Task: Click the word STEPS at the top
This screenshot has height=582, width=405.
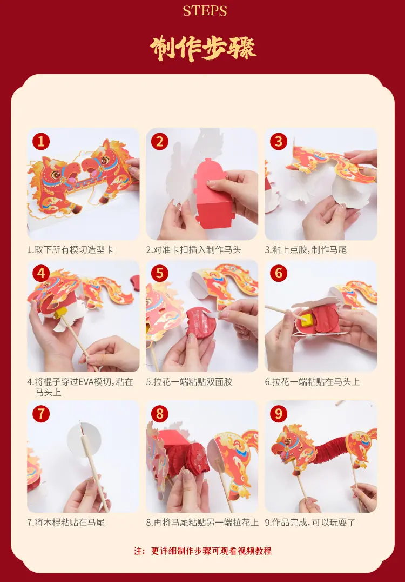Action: coord(205,11)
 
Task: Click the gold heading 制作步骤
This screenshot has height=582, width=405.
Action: coord(203,48)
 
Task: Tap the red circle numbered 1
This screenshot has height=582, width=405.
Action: coord(41,141)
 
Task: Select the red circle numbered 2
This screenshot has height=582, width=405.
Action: coord(160,141)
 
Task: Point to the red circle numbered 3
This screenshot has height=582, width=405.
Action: coord(279,141)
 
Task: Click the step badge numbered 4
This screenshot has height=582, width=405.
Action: coord(41,273)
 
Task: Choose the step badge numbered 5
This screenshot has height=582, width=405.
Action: coord(160,273)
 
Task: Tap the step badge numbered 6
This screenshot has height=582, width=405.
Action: coord(279,273)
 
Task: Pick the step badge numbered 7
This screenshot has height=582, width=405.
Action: coord(41,413)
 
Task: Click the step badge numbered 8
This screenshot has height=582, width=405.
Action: coord(160,413)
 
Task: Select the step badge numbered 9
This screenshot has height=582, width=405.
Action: coord(279,413)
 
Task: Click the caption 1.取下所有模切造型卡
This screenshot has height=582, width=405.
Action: coord(70,250)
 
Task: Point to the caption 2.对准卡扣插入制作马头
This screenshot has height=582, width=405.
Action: coord(193,250)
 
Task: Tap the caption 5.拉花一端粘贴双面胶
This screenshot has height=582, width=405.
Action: coord(189,382)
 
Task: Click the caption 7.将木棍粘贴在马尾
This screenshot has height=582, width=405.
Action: coord(66,523)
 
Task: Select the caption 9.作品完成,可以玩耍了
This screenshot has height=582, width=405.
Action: coord(310,523)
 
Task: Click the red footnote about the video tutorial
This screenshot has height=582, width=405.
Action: coord(203,551)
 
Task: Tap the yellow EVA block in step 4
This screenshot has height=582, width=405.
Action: coord(61,313)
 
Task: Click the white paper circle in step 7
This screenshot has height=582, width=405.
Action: coord(83,440)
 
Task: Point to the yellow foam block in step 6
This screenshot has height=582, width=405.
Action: coord(306,319)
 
